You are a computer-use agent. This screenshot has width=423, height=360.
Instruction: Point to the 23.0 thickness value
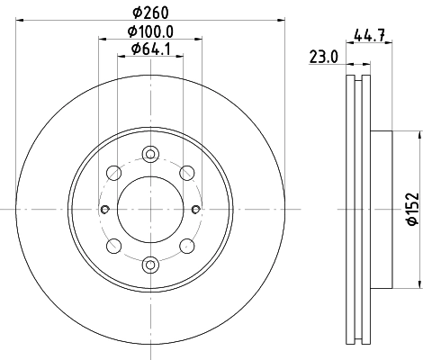point(322,56)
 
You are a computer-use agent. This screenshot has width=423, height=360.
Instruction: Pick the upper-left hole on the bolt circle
point(113,173)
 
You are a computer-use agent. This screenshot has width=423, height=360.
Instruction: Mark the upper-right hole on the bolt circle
point(187,173)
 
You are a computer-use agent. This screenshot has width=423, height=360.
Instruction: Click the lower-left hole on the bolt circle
point(113,246)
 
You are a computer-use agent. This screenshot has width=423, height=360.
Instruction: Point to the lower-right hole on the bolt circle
point(187,246)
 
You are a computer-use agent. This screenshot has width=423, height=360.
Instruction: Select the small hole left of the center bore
point(105,210)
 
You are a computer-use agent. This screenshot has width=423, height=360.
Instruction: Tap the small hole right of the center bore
point(195,210)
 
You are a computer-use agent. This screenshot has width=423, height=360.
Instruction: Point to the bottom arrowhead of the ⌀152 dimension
point(419,285)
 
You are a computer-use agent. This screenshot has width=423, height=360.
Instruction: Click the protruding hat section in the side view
point(382,209)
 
